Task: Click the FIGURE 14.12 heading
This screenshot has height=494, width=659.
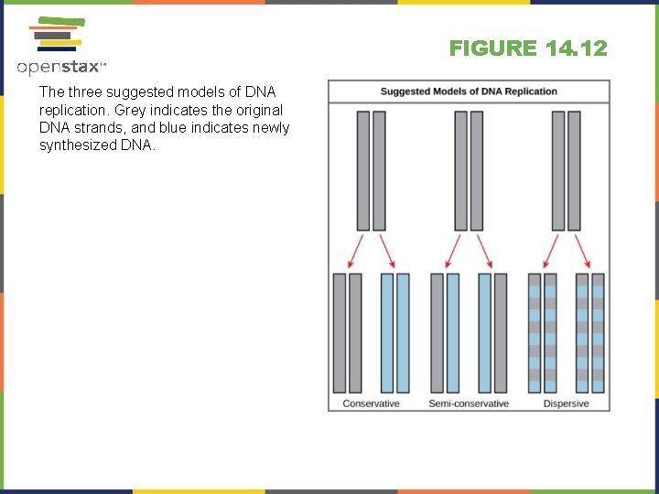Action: pos(528,48)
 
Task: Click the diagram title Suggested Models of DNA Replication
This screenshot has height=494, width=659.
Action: pos(469,91)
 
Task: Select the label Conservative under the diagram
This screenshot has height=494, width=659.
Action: pos(371,403)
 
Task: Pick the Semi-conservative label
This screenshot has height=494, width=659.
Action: pos(469,403)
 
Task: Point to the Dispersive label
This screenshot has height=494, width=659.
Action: pos(566,403)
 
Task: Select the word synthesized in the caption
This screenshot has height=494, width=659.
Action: pos(76,145)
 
